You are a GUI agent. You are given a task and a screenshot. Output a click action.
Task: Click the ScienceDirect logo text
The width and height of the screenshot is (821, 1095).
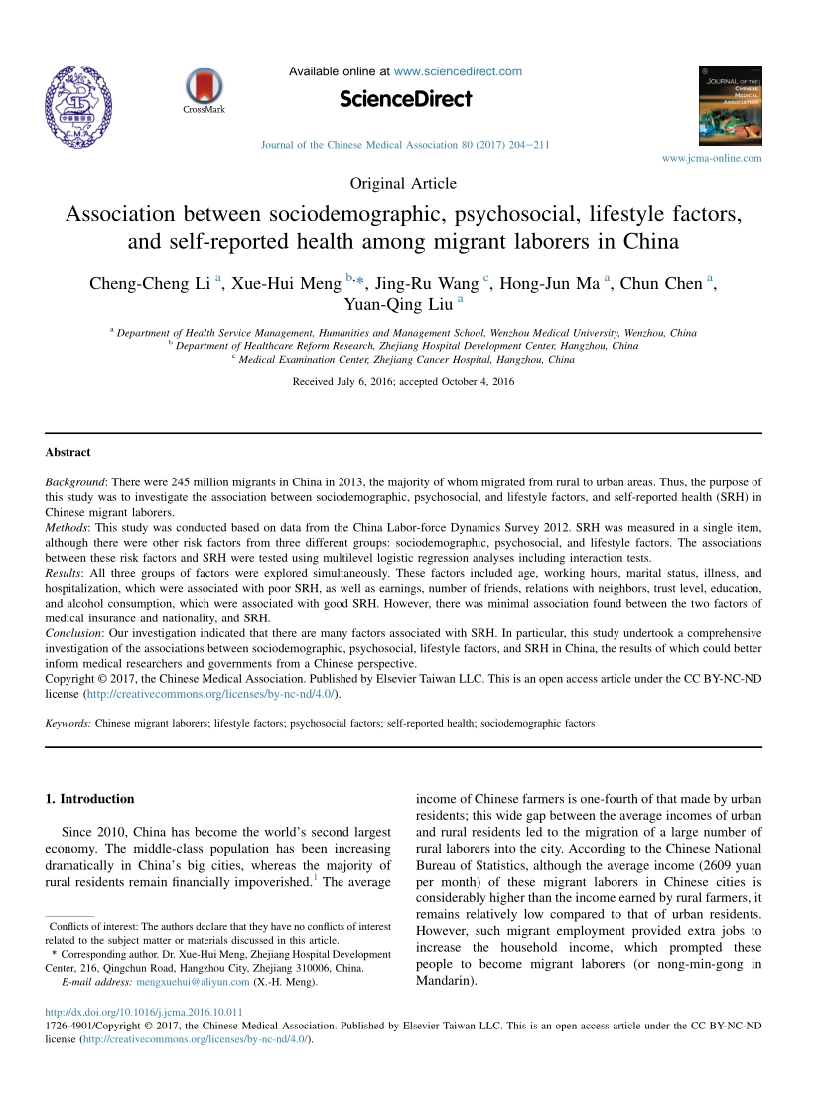click(405, 99)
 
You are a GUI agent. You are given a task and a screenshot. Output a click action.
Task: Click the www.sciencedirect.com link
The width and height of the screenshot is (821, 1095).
click(458, 71)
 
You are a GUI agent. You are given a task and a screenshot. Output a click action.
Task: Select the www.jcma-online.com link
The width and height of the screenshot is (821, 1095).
click(712, 158)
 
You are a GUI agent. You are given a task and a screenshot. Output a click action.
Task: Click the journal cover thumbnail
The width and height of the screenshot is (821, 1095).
click(731, 106)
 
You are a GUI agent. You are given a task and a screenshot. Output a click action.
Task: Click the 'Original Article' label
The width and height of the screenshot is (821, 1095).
click(404, 183)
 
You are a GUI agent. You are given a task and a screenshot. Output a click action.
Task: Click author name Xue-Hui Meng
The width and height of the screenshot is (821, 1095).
click(286, 283)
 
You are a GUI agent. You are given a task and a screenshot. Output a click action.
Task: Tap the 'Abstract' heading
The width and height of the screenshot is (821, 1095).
click(68, 452)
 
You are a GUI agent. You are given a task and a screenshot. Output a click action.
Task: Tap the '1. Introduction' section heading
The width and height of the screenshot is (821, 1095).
click(90, 799)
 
